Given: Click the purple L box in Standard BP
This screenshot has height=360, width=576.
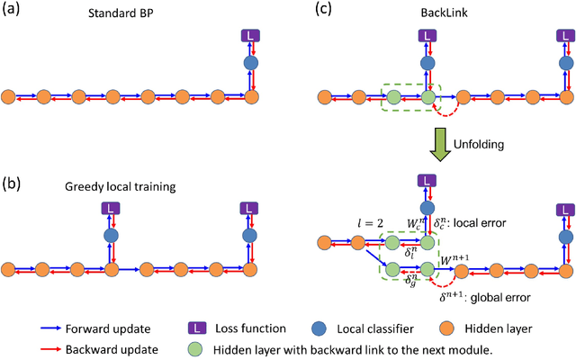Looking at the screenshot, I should [x=253, y=36].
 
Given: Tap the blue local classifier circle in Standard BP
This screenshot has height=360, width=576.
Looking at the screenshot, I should [x=253, y=65].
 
